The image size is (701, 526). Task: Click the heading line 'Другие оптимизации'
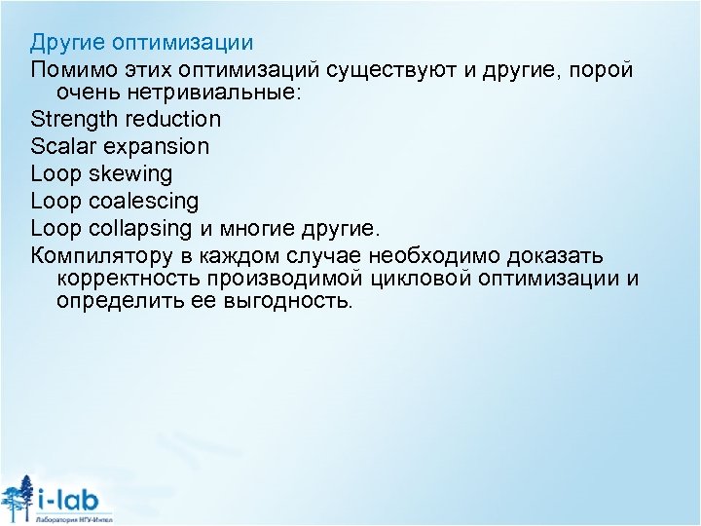point(141,43)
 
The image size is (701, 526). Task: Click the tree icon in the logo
point(17,497)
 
